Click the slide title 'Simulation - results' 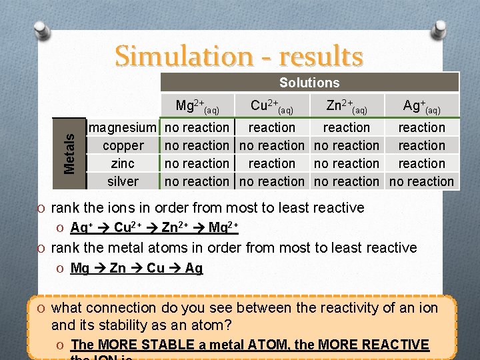pos(239,56)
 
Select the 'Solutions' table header pos(309,83)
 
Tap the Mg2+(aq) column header pos(197,106)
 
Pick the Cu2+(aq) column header pos(272,106)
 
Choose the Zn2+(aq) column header pos(347,106)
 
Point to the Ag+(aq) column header pos(421,106)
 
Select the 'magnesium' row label pos(123,127)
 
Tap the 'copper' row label pos(123,145)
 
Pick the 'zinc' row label pos(123,163)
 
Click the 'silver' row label pos(123,181)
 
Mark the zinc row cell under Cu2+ pos(272,163)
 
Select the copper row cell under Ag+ pos(421,145)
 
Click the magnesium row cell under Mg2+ pos(197,127)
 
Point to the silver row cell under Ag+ pos(421,181)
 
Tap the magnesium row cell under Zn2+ pos(347,127)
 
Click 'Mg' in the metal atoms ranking pos(79,269)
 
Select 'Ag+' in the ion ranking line pos(81,228)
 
